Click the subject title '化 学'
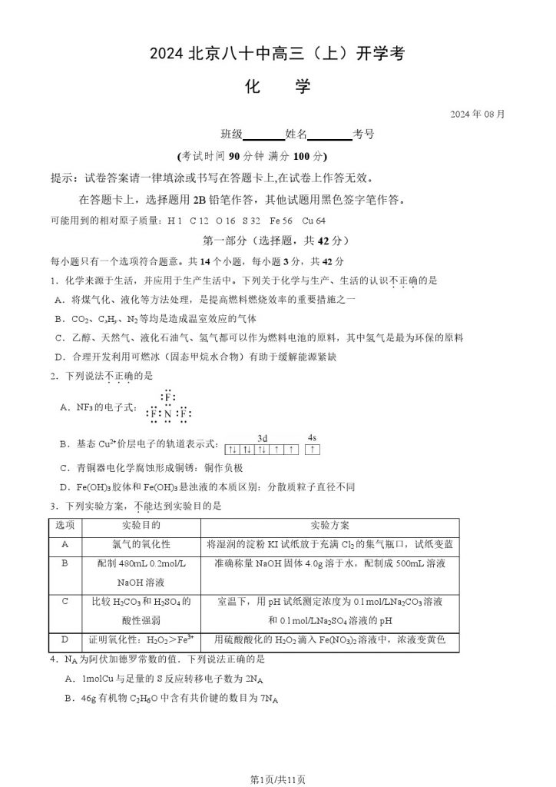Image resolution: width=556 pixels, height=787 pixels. click(x=277, y=87)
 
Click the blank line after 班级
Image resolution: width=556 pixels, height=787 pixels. click(x=263, y=135)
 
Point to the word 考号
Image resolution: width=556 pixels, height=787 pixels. click(x=363, y=134)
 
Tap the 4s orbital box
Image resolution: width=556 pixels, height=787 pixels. click(x=313, y=447)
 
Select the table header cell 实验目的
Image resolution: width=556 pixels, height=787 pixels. click(x=141, y=526)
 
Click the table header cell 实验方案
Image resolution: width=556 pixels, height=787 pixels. click(x=330, y=526)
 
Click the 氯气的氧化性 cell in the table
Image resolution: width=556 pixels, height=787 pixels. click(x=141, y=544)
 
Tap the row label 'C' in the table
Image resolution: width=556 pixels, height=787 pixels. click(x=65, y=600)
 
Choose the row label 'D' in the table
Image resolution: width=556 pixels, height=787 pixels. click(x=65, y=639)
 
